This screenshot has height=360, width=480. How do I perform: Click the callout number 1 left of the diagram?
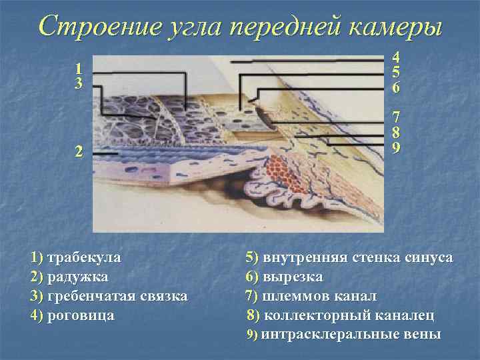coord(79,69)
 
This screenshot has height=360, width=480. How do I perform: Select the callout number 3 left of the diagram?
coord(79,84)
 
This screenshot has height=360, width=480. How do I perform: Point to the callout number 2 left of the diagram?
coord(79,151)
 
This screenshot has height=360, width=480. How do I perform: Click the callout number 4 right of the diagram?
coord(396,59)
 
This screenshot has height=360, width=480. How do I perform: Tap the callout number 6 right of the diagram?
coord(396,87)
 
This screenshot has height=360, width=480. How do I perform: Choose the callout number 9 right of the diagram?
coord(396,147)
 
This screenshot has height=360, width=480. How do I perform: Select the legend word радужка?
coord(79,276)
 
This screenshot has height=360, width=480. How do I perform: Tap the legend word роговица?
coord(81,315)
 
